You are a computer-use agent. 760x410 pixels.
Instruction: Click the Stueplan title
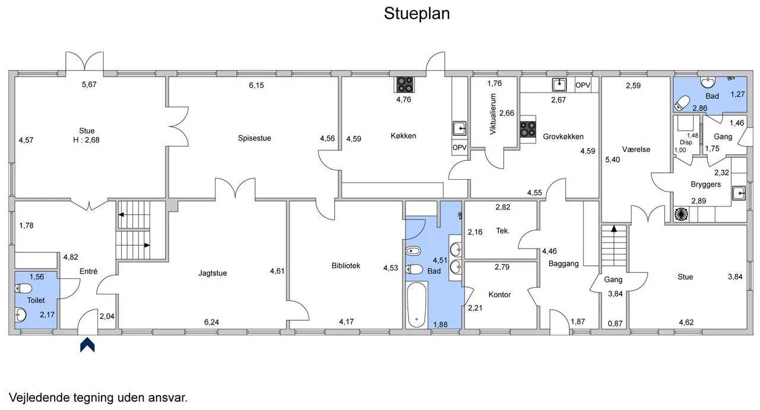pos(417,14)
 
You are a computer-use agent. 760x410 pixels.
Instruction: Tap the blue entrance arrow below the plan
pos(87,345)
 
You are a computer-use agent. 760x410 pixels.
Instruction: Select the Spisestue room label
pos(255,138)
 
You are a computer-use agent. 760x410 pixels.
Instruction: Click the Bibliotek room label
pos(346,266)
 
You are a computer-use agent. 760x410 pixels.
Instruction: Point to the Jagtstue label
pos(213,273)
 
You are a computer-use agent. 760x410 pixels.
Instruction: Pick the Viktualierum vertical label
pos(493,114)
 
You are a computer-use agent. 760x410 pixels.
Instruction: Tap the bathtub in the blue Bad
pos(416,305)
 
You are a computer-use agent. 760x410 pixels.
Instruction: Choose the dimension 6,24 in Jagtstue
pos(211,322)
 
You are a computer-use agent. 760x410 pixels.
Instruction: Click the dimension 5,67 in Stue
pos(89,84)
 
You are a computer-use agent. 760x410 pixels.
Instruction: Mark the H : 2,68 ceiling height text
pos(86,139)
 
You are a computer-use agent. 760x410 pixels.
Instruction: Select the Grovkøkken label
pos(563,136)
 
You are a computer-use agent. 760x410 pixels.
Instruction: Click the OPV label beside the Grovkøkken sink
pos(583,85)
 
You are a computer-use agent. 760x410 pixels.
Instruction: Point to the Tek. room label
pos(503,231)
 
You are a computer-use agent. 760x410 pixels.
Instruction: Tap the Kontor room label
pos(500,294)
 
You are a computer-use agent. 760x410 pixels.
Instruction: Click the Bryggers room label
pos(706,185)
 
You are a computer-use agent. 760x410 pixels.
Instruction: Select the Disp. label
pos(686,142)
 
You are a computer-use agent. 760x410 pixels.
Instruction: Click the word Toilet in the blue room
pos(36,300)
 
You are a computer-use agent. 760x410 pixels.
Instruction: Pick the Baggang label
pos(563,263)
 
